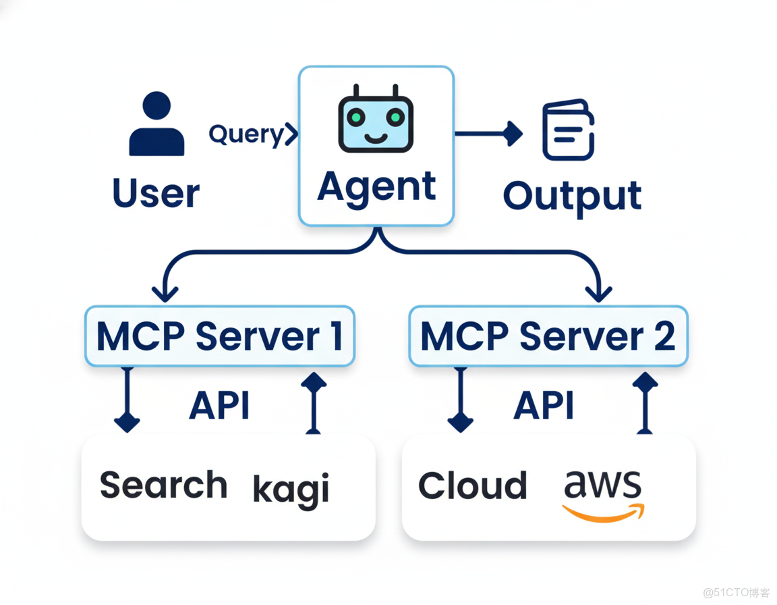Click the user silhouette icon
[x=156, y=125]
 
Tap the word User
[x=156, y=193]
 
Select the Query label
[x=247, y=134]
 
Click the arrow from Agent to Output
[x=488, y=134]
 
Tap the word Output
[x=572, y=196]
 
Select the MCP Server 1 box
[x=219, y=336]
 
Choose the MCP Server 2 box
[x=548, y=336]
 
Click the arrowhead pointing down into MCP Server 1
[x=165, y=293]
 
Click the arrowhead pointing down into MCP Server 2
[x=598, y=293]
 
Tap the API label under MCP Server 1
[x=219, y=406]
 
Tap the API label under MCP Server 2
[x=544, y=406]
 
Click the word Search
[x=163, y=485]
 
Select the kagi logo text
[x=291, y=488]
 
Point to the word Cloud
[x=472, y=486]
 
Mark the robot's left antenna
[x=357, y=92]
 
